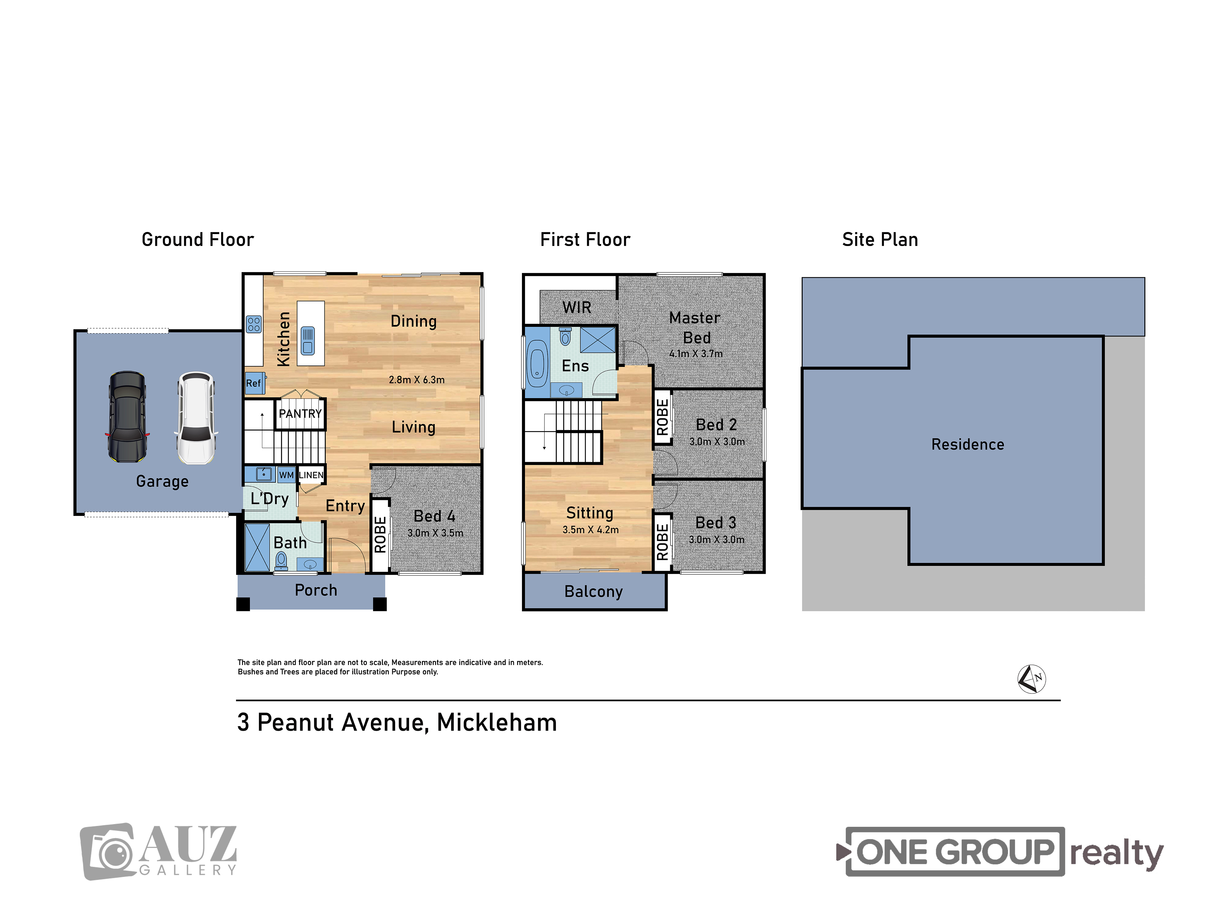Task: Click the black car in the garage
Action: pyautogui.click(x=127, y=417)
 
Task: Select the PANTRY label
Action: pyautogui.click(x=300, y=414)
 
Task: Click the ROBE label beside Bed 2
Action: pyautogui.click(x=662, y=417)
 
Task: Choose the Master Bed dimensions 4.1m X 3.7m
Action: pyautogui.click(x=696, y=354)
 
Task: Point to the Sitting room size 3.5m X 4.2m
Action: pyautogui.click(x=590, y=530)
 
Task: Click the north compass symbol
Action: pyautogui.click(x=1032, y=678)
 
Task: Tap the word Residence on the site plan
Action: pyautogui.click(x=968, y=444)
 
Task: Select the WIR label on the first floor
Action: pyautogui.click(x=577, y=307)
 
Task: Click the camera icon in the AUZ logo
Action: pyautogui.click(x=108, y=851)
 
